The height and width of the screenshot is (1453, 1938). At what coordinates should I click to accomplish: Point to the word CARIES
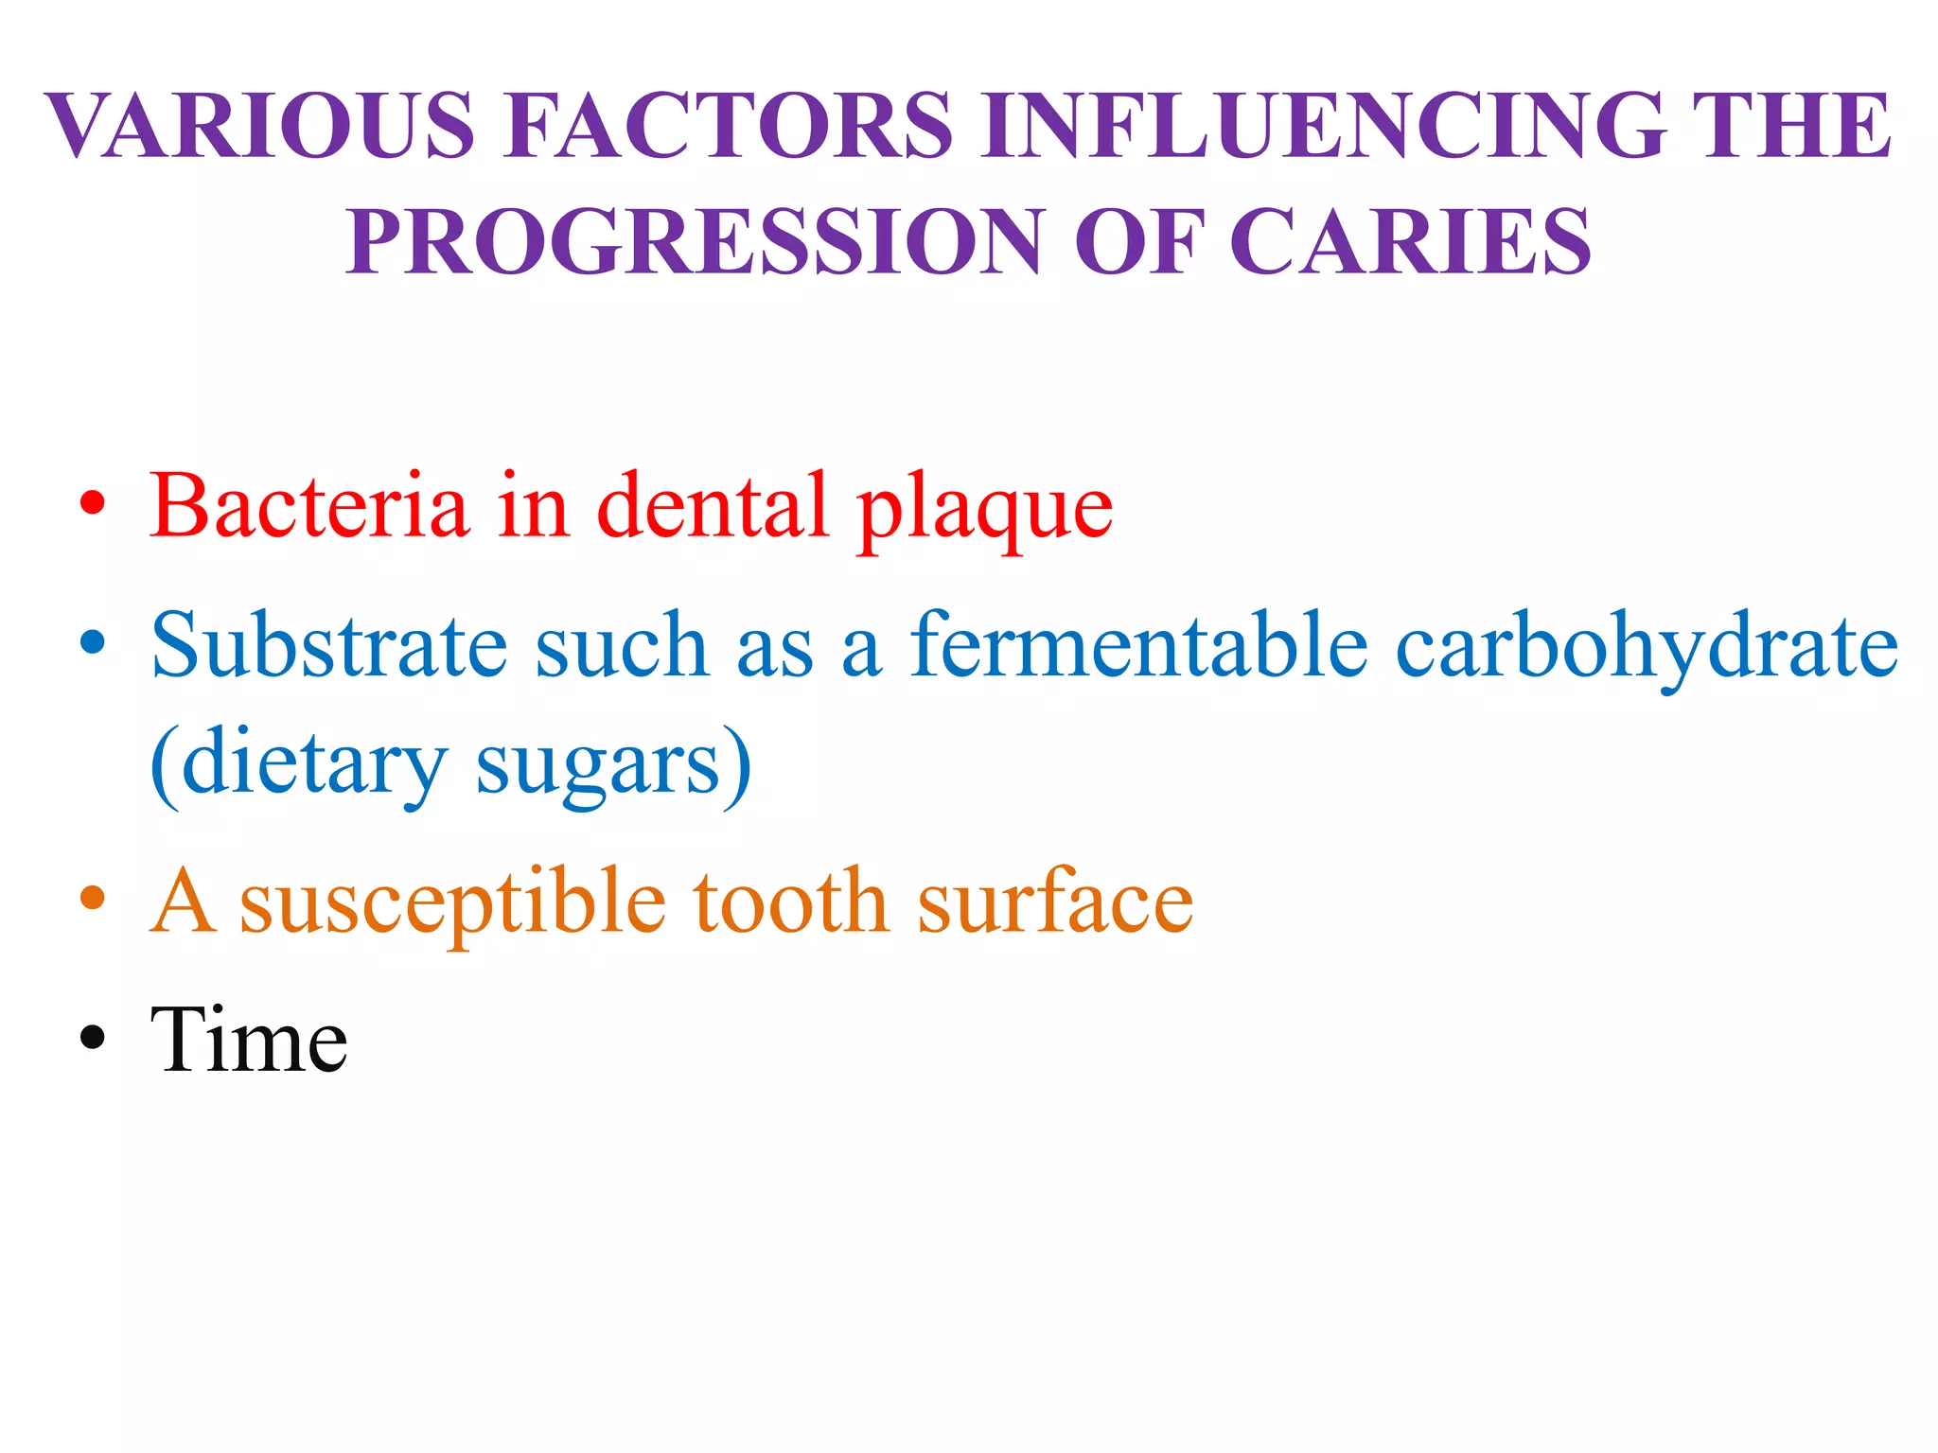[x=1410, y=242]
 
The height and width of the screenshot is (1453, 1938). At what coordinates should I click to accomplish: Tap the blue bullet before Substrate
[x=92, y=643]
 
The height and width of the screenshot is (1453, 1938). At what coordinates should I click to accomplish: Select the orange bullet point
[x=92, y=898]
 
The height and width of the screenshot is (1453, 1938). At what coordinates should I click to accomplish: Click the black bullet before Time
[x=92, y=1037]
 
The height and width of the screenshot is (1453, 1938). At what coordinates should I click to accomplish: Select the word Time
[x=249, y=1041]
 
